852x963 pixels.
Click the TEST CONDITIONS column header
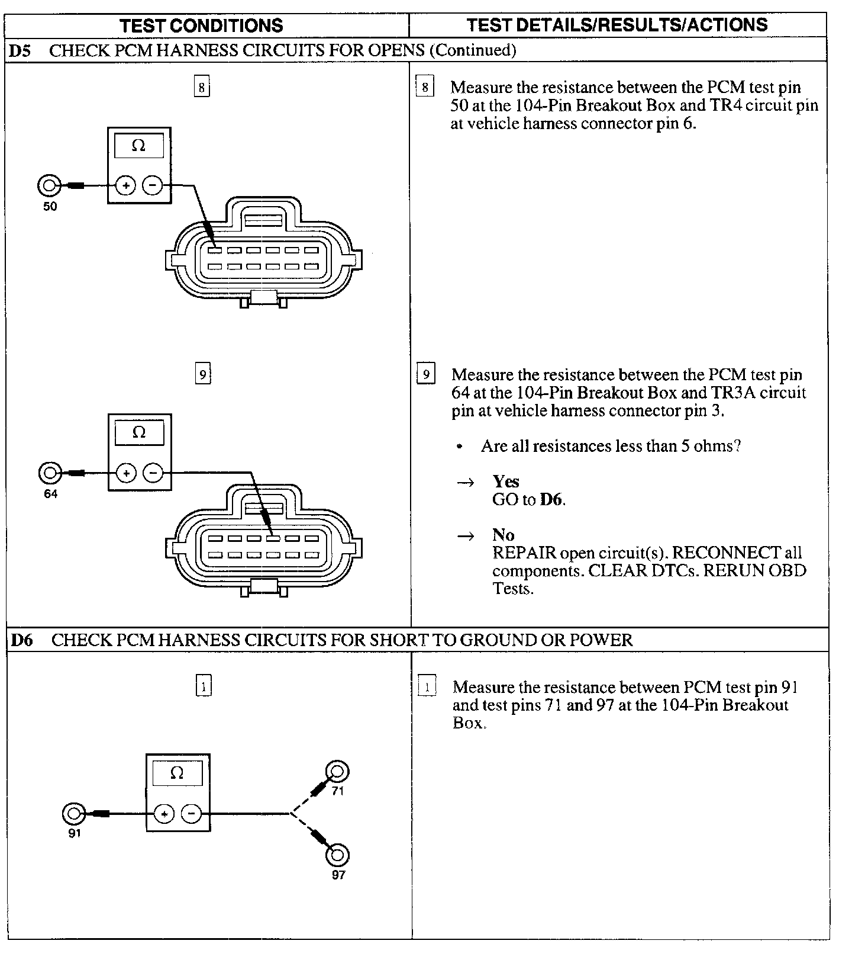click(x=201, y=25)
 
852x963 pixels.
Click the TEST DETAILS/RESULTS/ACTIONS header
click(x=617, y=25)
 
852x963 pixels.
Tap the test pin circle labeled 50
click(x=49, y=186)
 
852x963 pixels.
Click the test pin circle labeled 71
click(x=338, y=772)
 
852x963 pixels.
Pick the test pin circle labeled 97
click(x=337, y=856)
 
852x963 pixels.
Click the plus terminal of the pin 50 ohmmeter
click(x=125, y=186)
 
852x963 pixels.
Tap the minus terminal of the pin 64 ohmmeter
click(x=153, y=473)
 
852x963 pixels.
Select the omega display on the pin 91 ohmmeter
click(x=177, y=773)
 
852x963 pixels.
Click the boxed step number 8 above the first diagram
click(x=202, y=88)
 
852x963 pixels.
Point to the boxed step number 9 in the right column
click(x=425, y=375)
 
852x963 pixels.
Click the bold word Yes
click(x=506, y=481)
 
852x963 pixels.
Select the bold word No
click(x=503, y=535)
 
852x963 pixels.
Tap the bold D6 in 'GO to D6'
click(x=551, y=499)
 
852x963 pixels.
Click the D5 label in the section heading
click(x=20, y=50)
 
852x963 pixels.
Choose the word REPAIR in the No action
click(x=524, y=553)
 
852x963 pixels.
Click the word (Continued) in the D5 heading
click(x=472, y=50)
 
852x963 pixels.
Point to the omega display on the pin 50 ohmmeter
click(x=138, y=146)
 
